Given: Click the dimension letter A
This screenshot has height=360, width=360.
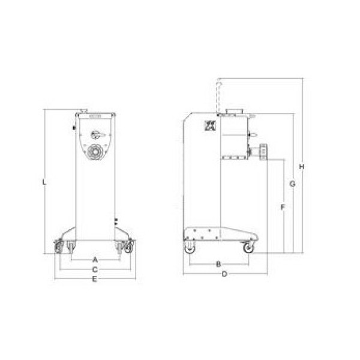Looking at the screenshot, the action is (95, 260).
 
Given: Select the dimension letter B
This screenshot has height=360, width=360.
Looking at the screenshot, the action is (218, 264).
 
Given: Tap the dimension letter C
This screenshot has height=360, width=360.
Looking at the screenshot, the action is (95, 269).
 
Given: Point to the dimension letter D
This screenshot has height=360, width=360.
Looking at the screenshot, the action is (224, 274).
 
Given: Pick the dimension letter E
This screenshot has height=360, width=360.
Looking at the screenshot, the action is (94, 279).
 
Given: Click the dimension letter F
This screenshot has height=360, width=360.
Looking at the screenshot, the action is (283, 208).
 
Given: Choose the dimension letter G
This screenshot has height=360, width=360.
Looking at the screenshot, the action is (292, 184).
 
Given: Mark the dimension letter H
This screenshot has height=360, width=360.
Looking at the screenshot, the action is (302, 167).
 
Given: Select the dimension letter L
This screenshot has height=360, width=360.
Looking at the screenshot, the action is (44, 182).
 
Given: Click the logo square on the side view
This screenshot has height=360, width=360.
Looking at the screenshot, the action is (210, 126).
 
